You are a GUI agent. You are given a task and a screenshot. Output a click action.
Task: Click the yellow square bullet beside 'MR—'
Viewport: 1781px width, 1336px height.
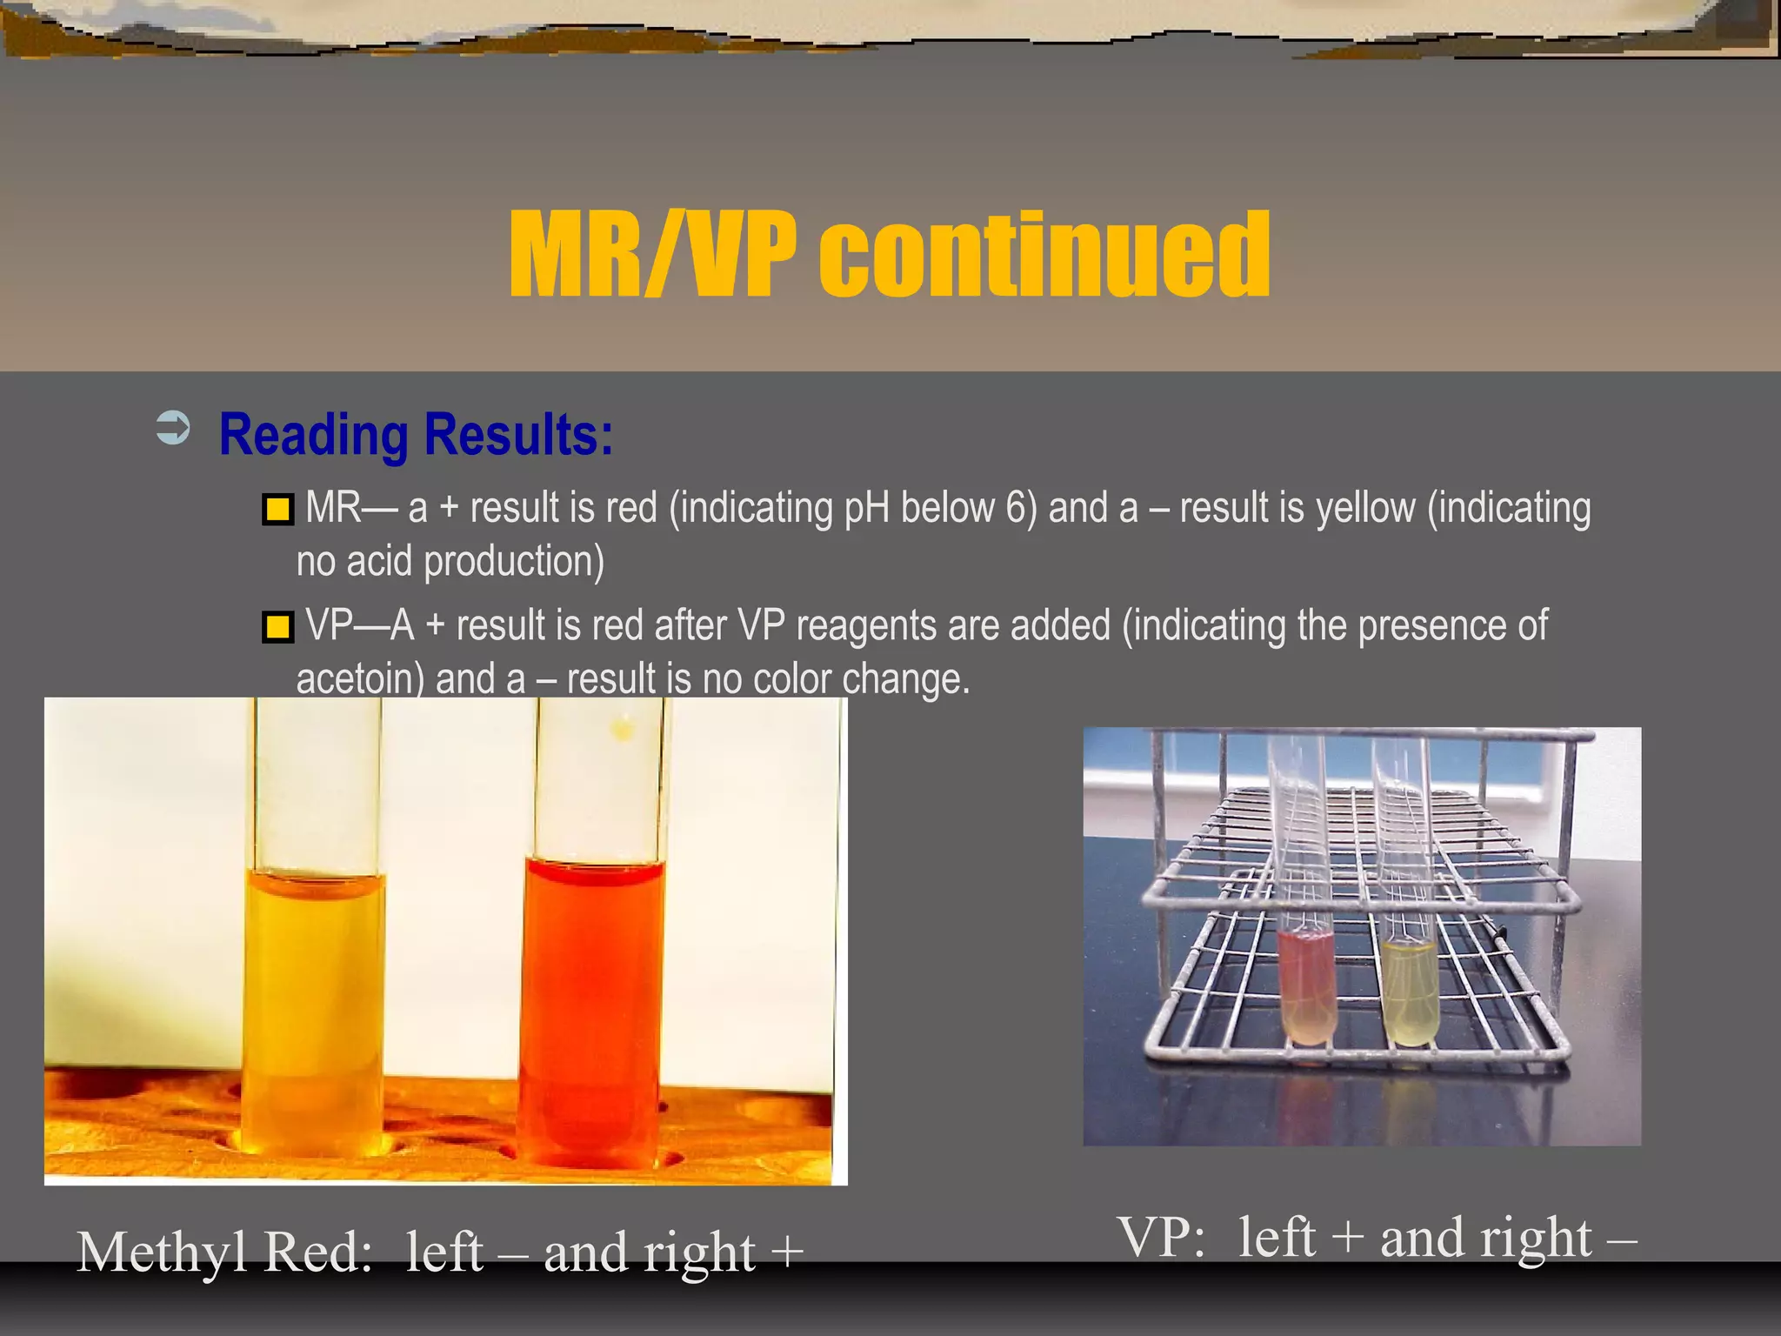point(278,509)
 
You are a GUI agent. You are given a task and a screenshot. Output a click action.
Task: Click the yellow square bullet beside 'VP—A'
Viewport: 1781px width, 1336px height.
point(278,626)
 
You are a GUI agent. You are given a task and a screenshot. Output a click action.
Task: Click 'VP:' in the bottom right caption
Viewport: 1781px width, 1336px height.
point(1162,1238)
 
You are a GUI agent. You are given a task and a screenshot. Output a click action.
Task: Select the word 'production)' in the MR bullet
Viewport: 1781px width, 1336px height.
point(513,562)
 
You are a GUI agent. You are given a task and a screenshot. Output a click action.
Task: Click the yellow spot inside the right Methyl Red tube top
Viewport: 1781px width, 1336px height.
point(623,729)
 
